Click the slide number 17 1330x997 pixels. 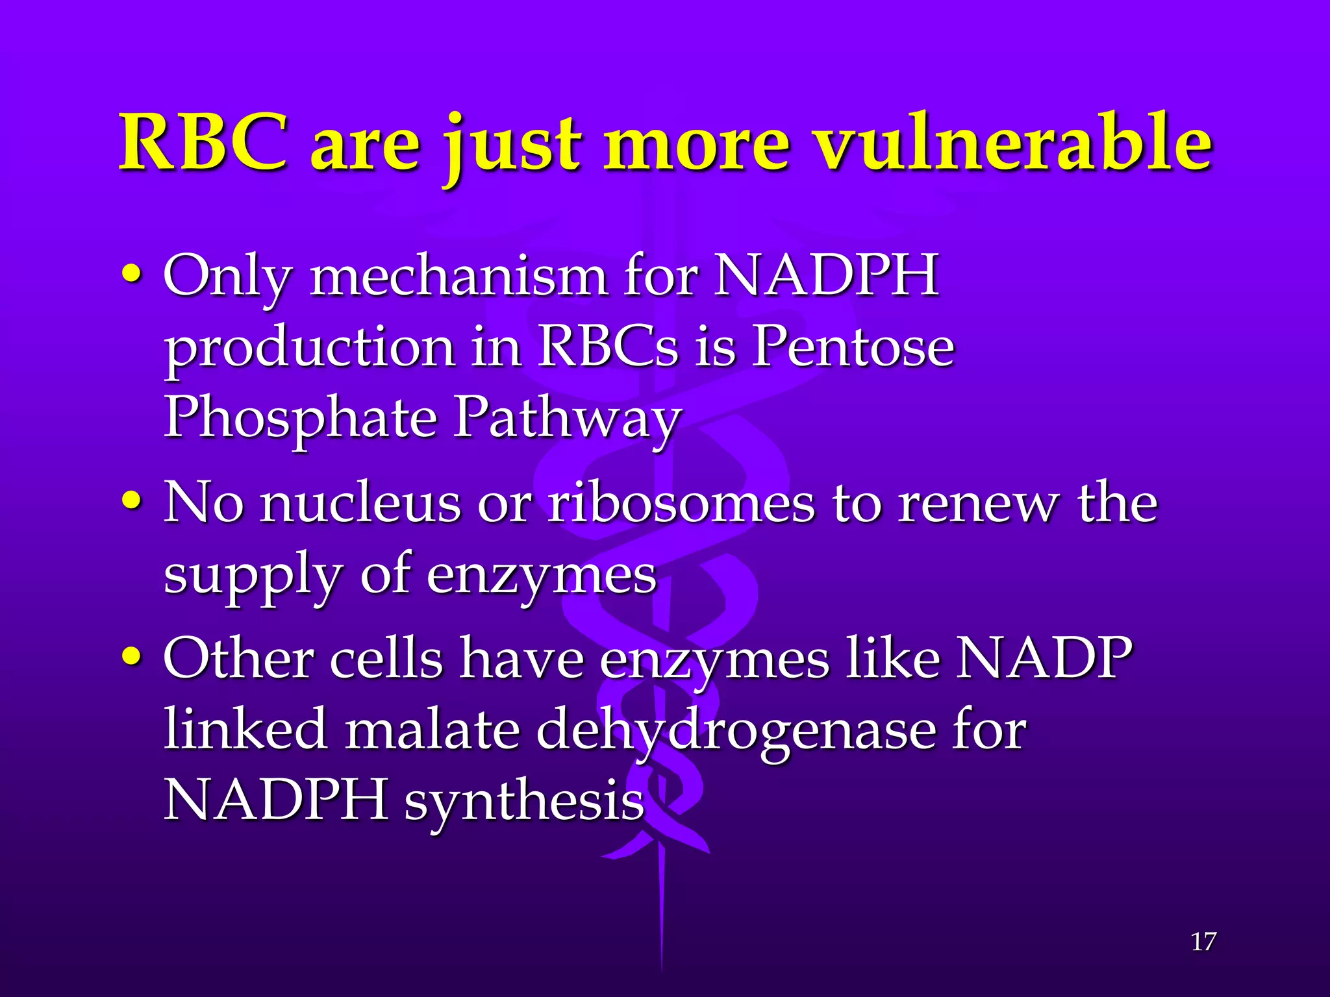pos(1203,941)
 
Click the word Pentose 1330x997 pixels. pos(853,345)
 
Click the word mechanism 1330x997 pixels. pos(458,276)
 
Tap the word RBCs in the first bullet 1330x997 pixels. pos(608,345)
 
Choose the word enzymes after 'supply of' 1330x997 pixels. pos(541,576)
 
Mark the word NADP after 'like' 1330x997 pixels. pos(1044,658)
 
